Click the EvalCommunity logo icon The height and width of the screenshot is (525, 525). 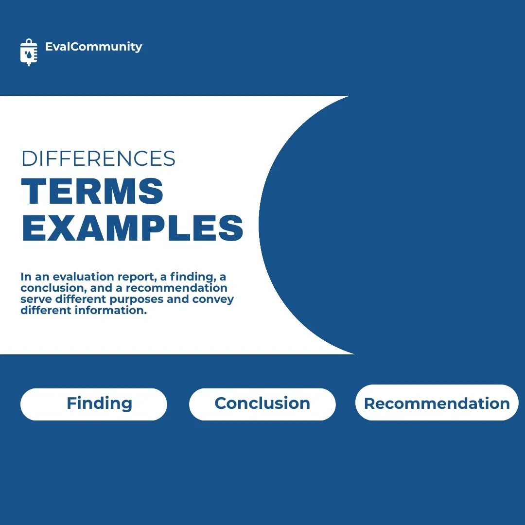click(29, 52)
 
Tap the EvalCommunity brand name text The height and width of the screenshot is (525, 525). click(93, 47)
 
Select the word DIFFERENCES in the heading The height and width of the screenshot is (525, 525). click(98, 158)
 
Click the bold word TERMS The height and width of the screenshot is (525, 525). click(92, 192)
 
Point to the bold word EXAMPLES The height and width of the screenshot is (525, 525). click(132, 228)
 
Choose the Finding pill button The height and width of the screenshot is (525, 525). click(94, 404)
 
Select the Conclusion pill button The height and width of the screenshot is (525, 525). click(262, 403)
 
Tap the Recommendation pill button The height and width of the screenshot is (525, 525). click(437, 403)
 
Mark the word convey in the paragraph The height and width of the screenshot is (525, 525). click(213, 299)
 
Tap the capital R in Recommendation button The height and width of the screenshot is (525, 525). click(370, 403)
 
